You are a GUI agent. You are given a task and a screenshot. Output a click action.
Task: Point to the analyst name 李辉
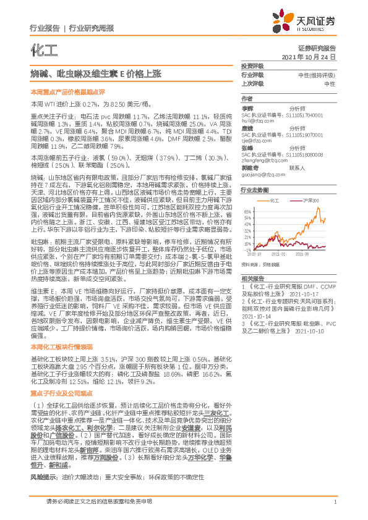[x=247, y=107]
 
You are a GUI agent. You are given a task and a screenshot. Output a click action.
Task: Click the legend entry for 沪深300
[x=311, y=201]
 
